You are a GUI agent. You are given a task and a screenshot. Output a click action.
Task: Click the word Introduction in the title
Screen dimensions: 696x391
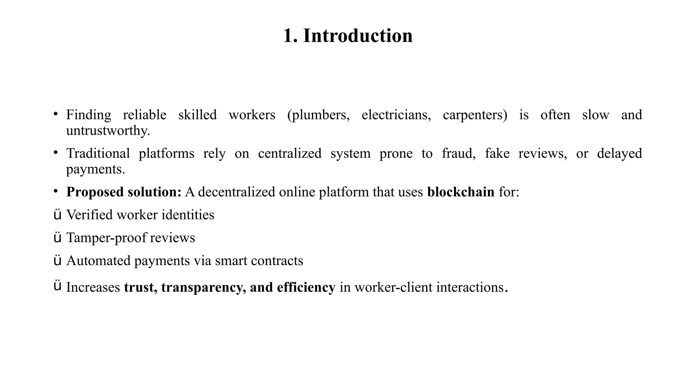coord(358,36)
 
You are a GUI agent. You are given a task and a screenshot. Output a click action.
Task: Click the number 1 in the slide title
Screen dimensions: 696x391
coord(289,36)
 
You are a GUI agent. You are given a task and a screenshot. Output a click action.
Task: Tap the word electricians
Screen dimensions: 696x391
coord(396,115)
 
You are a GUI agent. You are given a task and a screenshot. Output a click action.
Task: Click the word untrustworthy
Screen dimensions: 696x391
coord(108,131)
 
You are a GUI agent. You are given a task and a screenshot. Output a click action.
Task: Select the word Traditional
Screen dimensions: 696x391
coord(98,153)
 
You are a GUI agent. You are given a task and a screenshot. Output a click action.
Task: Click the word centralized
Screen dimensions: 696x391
coord(290,153)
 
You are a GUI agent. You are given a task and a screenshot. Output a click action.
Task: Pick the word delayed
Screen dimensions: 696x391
coord(619,153)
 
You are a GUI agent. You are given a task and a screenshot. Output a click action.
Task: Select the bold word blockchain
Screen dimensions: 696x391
coord(460,192)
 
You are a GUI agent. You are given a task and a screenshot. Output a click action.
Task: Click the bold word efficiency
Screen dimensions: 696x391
coord(306,287)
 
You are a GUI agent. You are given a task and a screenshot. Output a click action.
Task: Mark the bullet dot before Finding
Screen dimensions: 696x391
coord(55,114)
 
